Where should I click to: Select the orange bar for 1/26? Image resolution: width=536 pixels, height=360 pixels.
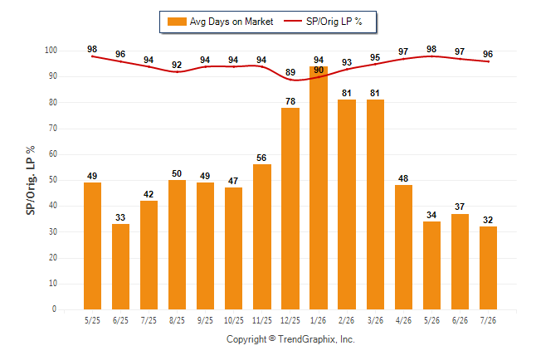[x=319, y=187]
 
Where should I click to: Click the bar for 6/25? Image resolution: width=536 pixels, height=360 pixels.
[x=120, y=266]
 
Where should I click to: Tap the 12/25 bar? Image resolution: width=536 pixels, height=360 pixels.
[x=290, y=208]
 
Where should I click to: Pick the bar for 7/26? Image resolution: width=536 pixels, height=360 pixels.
[x=488, y=268]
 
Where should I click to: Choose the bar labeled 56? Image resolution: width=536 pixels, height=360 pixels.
[x=262, y=237]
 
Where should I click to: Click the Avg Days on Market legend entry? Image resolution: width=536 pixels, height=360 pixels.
[x=220, y=22]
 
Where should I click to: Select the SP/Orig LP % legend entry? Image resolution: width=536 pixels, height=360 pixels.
[x=323, y=22]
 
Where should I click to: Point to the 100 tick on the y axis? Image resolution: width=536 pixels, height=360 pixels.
[x=51, y=51]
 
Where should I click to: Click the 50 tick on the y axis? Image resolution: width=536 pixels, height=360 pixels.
[x=52, y=180]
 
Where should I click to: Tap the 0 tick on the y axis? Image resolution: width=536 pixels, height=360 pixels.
[x=54, y=309]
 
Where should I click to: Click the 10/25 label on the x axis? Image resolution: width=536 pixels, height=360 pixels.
[x=234, y=320]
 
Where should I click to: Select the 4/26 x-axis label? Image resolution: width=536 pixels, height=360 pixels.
[x=403, y=320]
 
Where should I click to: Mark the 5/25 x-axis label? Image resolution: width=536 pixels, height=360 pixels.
[x=92, y=320]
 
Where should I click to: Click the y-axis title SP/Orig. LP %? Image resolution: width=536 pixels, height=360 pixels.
[x=31, y=180]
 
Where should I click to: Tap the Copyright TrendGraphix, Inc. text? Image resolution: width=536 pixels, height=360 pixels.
[x=290, y=339]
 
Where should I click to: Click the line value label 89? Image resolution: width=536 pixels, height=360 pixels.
[x=290, y=72]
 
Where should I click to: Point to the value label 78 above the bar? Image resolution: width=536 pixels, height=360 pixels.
[x=290, y=101]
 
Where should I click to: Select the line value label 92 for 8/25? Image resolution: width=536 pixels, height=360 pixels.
[x=177, y=65]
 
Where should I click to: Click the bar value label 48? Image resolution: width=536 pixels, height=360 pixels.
[x=403, y=178]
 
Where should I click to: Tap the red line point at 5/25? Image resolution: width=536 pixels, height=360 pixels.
[x=92, y=56]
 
